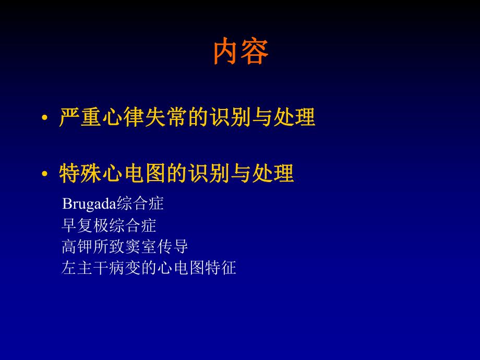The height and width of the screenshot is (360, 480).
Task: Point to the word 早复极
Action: pyautogui.click(x=83, y=225)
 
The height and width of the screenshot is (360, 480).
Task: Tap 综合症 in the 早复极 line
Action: pyautogui.click(x=134, y=225)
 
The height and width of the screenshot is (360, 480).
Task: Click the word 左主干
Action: pyautogui.click(x=83, y=268)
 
